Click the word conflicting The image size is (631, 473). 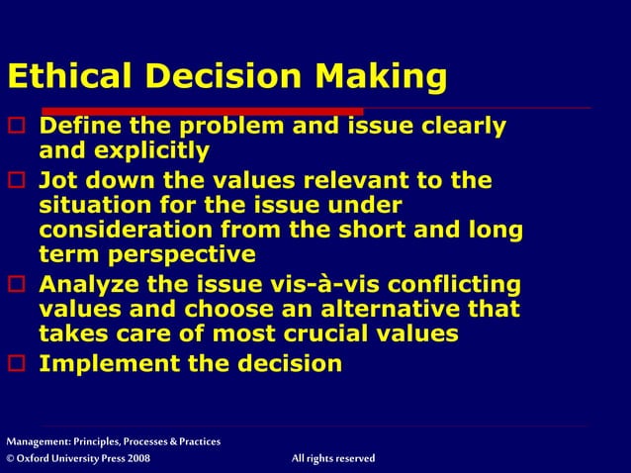tap(452, 286)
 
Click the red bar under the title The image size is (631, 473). tap(183, 111)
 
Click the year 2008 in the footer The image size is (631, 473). tap(138, 458)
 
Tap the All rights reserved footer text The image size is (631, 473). tap(333, 458)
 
